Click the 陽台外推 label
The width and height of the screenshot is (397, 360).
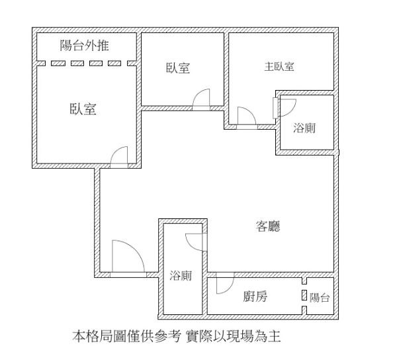point(85,46)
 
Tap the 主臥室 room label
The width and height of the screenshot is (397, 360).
point(279,67)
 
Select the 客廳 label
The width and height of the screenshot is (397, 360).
point(268,226)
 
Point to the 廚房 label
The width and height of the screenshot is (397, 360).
point(255,296)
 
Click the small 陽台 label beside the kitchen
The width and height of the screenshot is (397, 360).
point(320,298)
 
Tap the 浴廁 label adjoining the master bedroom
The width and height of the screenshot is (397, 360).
point(304,128)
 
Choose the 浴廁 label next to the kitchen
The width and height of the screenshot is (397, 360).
point(181,275)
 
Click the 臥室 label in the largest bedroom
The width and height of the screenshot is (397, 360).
point(83,109)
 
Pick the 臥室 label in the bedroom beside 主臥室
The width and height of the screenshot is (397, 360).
point(178,68)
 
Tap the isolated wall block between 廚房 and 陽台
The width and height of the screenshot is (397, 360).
point(304,295)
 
